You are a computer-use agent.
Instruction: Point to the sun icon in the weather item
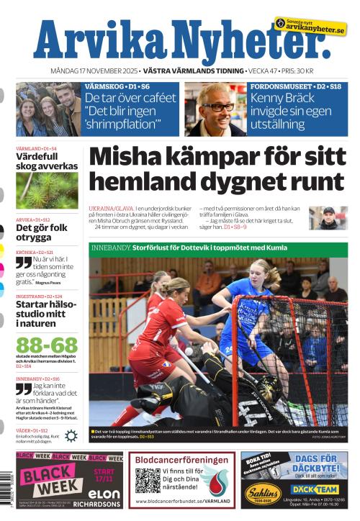click(71, 435)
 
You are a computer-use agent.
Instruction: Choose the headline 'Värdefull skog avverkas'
click(46, 161)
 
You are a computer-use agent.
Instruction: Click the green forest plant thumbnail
click(47, 190)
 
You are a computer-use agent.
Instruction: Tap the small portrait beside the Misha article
click(328, 217)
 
